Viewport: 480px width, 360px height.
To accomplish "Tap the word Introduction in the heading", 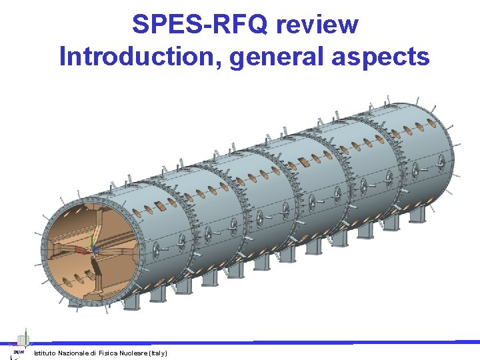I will click(x=140, y=57).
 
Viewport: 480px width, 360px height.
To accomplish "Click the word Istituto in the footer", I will click(x=45, y=353).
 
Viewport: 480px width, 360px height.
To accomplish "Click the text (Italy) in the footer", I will click(x=159, y=353).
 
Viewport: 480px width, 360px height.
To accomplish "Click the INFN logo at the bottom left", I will click(x=18, y=351).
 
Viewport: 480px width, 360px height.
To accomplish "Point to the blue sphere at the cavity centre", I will click(x=95, y=251).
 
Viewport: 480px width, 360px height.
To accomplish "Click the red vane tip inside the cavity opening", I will click(x=80, y=251).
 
